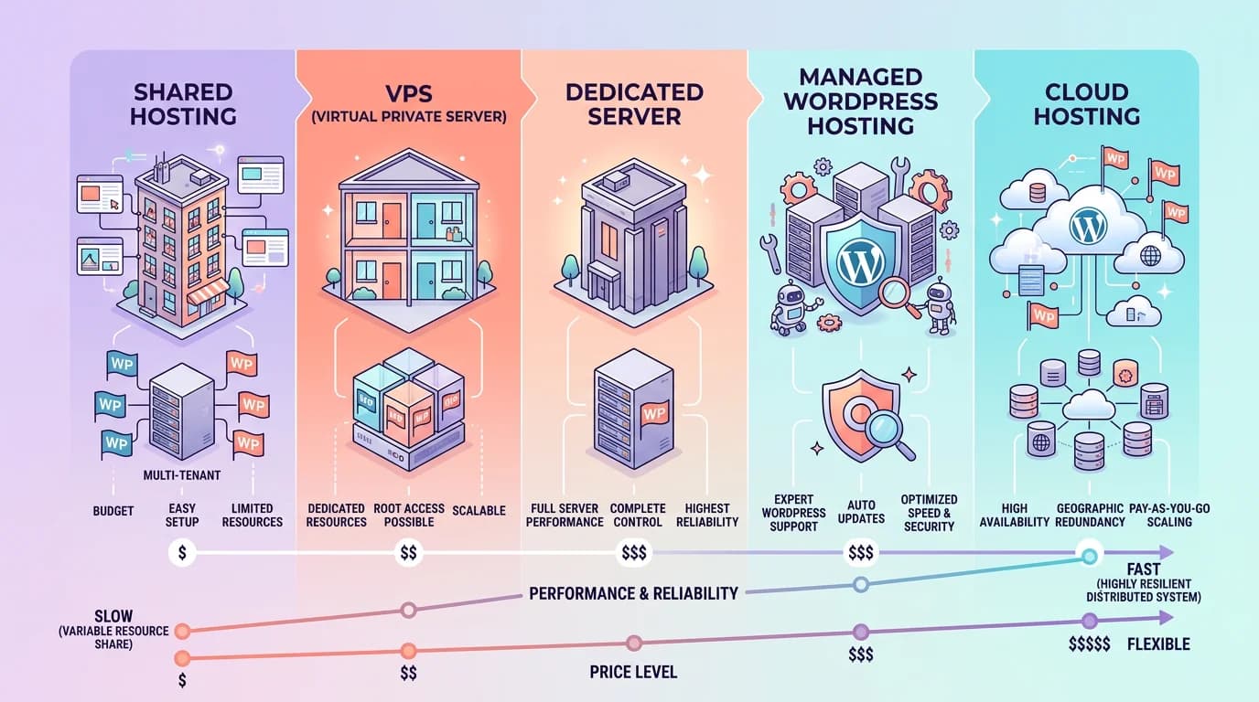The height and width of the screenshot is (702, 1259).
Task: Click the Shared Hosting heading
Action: [x=184, y=104]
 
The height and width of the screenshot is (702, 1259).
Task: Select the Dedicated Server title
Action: [x=634, y=104]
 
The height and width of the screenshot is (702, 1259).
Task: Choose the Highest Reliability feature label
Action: [x=706, y=515]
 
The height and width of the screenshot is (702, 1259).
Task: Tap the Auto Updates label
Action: [x=861, y=512]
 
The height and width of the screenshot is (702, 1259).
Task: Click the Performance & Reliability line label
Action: [x=633, y=593]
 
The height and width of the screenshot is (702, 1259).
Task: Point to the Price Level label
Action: [x=633, y=672]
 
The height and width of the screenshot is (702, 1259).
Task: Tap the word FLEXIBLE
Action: [x=1158, y=644]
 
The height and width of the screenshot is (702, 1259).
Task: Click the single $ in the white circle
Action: [x=181, y=552]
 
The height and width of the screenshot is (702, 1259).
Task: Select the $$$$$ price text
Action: [x=1089, y=644]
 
